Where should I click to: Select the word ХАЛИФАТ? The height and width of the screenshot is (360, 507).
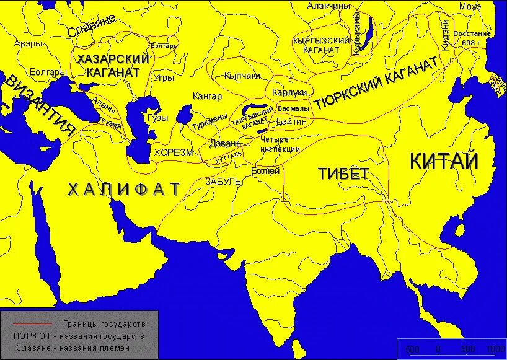(123, 189)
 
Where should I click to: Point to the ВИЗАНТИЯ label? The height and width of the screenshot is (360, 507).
(41, 105)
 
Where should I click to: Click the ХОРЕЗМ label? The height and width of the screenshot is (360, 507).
(174, 152)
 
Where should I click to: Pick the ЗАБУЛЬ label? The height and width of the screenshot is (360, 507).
(223, 182)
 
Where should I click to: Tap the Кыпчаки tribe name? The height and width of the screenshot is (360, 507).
(242, 75)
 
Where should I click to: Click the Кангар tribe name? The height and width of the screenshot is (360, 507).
(207, 97)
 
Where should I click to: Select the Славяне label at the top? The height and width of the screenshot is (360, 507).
(92, 27)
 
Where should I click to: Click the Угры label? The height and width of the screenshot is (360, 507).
(164, 79)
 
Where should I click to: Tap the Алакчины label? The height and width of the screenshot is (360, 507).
(329, 6)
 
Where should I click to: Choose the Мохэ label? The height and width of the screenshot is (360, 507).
(470, 6)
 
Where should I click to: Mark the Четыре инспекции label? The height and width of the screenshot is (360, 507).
(280, 145)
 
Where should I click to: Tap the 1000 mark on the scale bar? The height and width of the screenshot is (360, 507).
(495, 349)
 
